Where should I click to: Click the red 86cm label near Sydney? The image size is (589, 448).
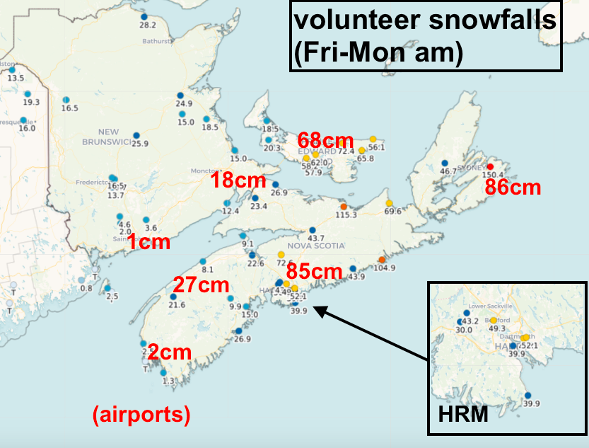[513, 188]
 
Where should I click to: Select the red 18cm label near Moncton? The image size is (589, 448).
[238, 180]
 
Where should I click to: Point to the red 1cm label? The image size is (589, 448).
[148, 242]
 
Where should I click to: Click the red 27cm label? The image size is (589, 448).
[202, 286]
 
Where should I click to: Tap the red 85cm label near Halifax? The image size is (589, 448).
[314, 271]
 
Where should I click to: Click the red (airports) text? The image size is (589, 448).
[141, 415]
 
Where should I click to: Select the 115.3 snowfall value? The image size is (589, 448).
[346, 214]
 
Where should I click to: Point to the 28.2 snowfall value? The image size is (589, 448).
[147, 25]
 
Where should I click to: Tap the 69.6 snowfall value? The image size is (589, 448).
[393, 211]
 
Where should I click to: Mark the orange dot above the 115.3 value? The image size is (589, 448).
[344, 206]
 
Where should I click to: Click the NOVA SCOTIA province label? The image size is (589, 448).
[322, 246]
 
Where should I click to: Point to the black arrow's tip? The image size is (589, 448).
[315, 308]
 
